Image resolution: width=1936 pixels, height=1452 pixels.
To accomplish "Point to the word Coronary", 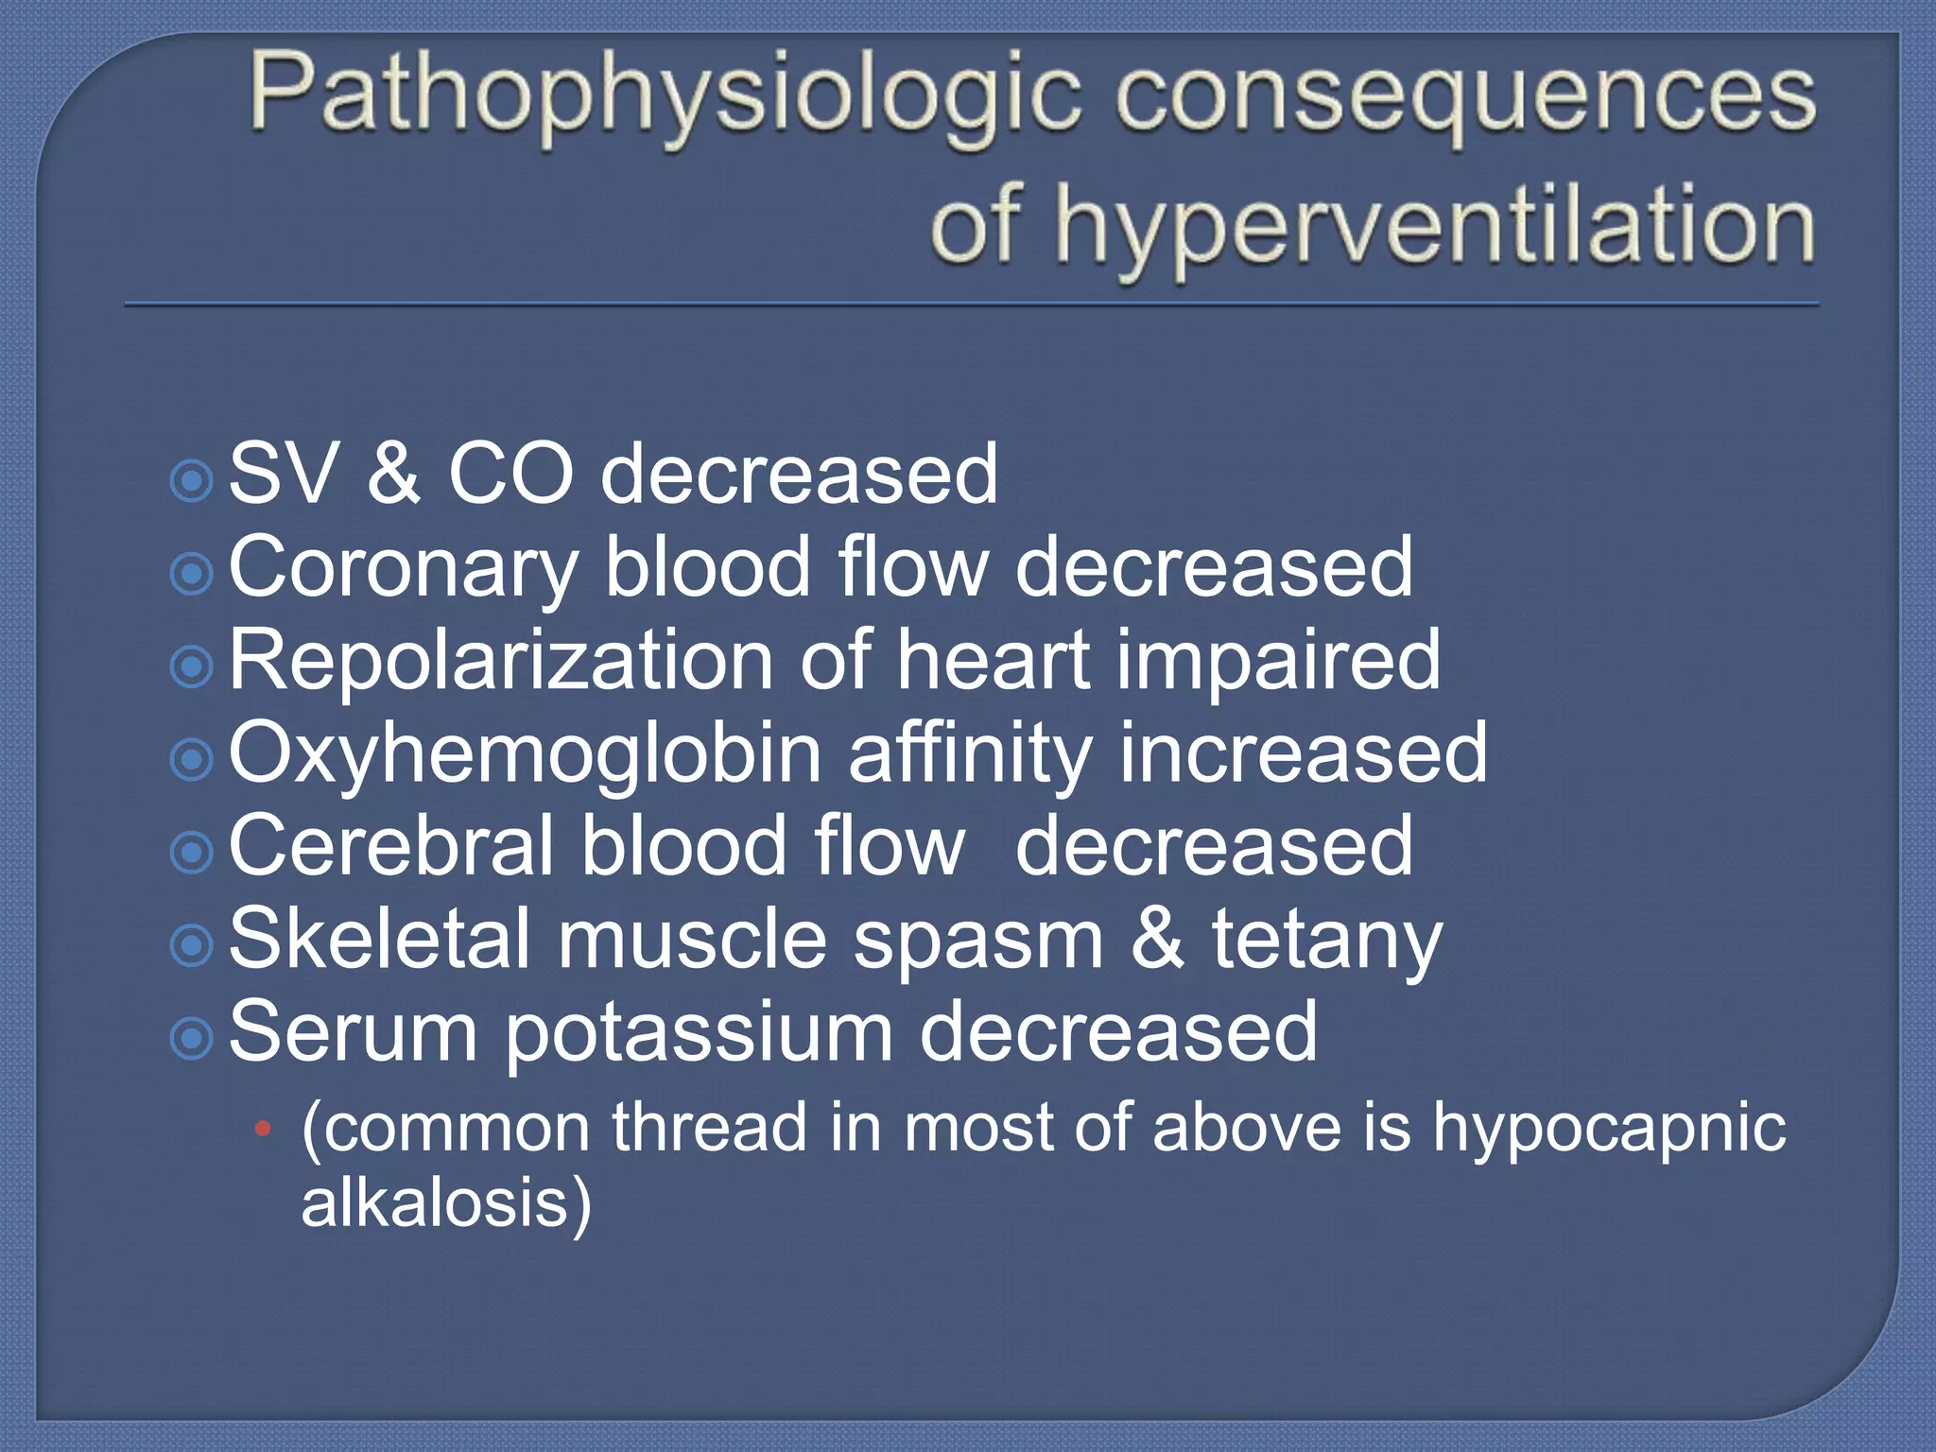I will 403,567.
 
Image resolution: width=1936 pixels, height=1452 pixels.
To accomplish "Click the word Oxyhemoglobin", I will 526,753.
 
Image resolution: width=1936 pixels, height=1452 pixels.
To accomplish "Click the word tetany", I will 1327,940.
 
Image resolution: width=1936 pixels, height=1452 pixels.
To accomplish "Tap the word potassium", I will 699,1031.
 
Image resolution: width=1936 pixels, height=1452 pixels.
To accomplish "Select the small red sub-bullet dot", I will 264,1129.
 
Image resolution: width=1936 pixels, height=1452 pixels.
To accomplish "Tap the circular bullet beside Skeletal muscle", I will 193,945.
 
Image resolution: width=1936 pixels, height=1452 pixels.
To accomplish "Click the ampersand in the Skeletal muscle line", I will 1157,940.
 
